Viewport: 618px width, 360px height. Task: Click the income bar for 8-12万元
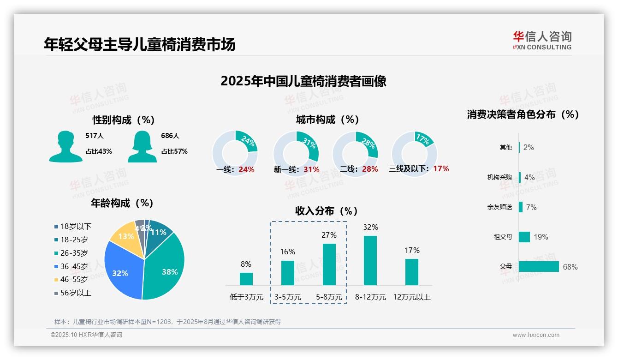[x=370, y=260]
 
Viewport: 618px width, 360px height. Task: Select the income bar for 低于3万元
[x=246, y=279]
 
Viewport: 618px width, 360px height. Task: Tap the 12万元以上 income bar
[x=412, y=272]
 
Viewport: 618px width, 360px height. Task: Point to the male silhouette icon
[x=65, y=146]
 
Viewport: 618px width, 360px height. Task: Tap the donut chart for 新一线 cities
[x=296, y=154]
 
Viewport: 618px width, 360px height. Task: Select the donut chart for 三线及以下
[x=414, y=153]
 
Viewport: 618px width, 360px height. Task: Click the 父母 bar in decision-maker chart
[x=538, y=267]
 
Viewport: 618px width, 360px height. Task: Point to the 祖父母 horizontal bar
[x=524, y=237]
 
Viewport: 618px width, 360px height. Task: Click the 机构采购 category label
[x=499, y=177]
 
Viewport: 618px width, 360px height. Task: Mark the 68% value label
[x=570, y=267]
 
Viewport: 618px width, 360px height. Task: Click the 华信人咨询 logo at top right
[x=542, y=40]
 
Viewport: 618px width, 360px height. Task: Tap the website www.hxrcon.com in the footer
[x=536, y=335]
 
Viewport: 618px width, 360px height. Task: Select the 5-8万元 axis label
[x=329, y=297]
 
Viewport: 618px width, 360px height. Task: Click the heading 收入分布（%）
[x=327, y=211]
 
